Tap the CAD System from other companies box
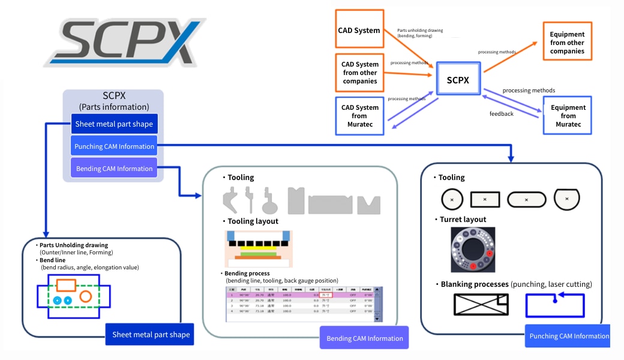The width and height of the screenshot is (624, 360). tap(360, 73)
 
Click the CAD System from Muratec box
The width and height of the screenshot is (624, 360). tap(360, 116)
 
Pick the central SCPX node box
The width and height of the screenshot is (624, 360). tap(458, 79)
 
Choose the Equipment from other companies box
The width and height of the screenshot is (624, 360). tap(567, 43)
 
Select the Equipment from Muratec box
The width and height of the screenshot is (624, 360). tap(567, 116)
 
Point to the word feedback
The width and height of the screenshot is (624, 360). tap(501, 113)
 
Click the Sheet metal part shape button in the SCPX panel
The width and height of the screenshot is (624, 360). tap(114, 125)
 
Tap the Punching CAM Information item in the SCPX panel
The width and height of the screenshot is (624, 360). tap(114, 146)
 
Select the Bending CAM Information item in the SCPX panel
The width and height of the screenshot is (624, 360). tap(114, 169)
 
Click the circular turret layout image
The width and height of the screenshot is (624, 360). tap(473, 250)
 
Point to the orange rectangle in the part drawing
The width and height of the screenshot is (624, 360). tap(65, 285)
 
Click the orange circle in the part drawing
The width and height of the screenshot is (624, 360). tap(86, 296)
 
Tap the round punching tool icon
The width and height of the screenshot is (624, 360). tap(452, 199)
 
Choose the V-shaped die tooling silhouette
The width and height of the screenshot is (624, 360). tap(368, 205)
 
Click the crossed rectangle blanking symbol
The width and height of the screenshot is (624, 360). tap(481, 305)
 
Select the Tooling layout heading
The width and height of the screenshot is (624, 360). tap(253, 221)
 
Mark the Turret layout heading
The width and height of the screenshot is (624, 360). tap(463, 220)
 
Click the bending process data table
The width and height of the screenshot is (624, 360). tap(303, 303)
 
